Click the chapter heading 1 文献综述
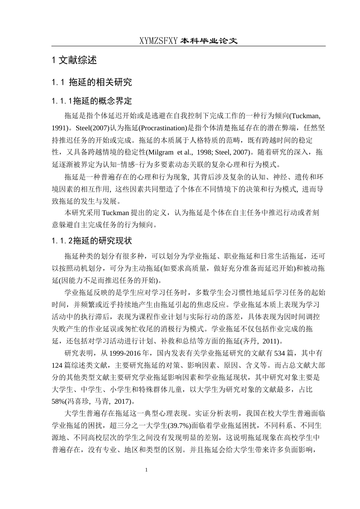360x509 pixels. [74, 60]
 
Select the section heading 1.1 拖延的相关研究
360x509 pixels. [92, 82]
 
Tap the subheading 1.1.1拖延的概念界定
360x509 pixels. [92, 101]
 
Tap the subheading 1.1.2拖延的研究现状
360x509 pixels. [92, 240]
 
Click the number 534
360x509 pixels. [279, 354]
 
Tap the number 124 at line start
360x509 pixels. [57, 366]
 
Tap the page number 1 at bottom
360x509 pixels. [147, 470]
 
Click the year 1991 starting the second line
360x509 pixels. [59, 128]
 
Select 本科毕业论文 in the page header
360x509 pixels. [209, 41]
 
